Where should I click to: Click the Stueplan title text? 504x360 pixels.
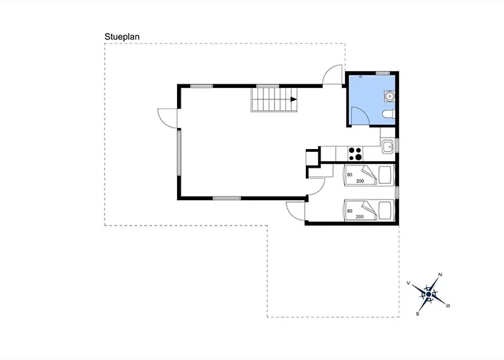[x=122, y=37]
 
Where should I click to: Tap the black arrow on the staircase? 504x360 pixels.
[x=294, y=99]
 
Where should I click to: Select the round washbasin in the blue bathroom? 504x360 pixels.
[x=390, y=96]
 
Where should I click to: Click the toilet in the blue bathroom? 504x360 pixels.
[x=389, y=114]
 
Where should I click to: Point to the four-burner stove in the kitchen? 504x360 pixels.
[x=355, y=153]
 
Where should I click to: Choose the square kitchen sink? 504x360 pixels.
[x=388, y=147]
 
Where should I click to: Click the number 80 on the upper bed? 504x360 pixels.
[x=350, y=175]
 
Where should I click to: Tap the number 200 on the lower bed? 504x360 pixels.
[x=360, y=217]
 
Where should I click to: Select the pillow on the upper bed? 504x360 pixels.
[x=386, y=175]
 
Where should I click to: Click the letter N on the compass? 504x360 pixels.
[x=441, y=274]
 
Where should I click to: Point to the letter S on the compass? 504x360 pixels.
[x=418, y=314]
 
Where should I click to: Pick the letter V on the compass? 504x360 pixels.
[x=408, y=283]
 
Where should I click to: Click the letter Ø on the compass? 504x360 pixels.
[x=448, y=306]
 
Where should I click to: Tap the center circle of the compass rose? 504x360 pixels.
[x=428, y=294]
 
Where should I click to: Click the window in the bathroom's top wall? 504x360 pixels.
[x=383, y=73]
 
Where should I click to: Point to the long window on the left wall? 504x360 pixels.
[x=179, y=153]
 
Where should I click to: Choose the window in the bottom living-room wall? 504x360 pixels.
[x=227, y=198]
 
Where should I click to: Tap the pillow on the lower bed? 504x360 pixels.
[x=386, y=211]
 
